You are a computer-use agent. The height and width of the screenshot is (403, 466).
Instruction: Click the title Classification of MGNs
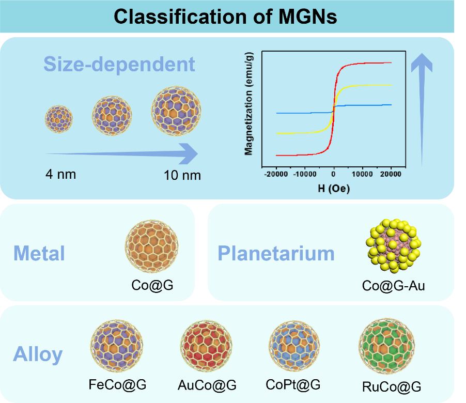click(225, 17)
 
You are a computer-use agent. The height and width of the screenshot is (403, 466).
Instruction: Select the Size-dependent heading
click(119, 65)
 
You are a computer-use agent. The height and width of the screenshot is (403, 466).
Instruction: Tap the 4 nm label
click(60, 174)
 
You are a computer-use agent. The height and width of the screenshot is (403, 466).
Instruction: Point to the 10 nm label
click(182, 175)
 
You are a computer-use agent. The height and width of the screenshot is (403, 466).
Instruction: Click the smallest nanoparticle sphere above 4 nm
click(58, 119)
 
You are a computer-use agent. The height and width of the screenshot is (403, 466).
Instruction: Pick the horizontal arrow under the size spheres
click(121, 153)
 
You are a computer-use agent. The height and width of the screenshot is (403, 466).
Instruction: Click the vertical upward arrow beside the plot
click(422, 109)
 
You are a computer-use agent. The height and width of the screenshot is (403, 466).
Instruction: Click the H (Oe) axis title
click(333, 189)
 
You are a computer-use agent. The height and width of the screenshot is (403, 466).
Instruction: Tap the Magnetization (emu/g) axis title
click(248, 106)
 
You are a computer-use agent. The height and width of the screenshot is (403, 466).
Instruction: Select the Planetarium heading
click(276, 254)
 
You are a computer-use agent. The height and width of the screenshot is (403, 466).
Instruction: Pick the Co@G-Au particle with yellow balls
click(394, 245)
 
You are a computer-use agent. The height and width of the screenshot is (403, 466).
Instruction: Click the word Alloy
click(38, 355)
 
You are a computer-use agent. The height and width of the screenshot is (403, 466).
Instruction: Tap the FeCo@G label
click(117, 384)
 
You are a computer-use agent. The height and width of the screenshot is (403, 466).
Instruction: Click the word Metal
click(39, 254)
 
